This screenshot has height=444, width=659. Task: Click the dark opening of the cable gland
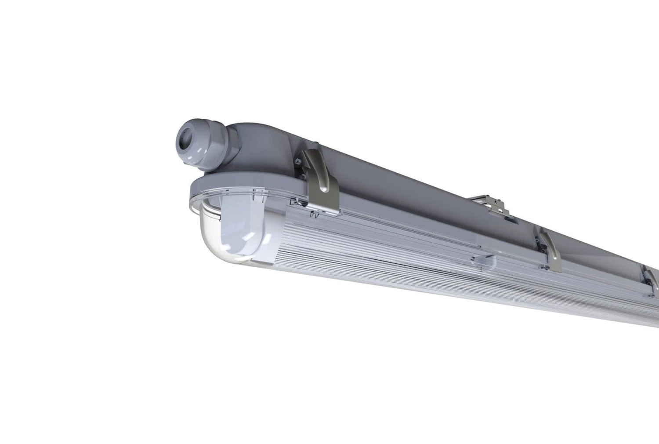(x=186, y=138)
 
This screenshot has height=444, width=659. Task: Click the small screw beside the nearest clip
(x=298, y=161)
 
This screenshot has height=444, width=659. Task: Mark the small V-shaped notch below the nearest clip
(x=314, y=215)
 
